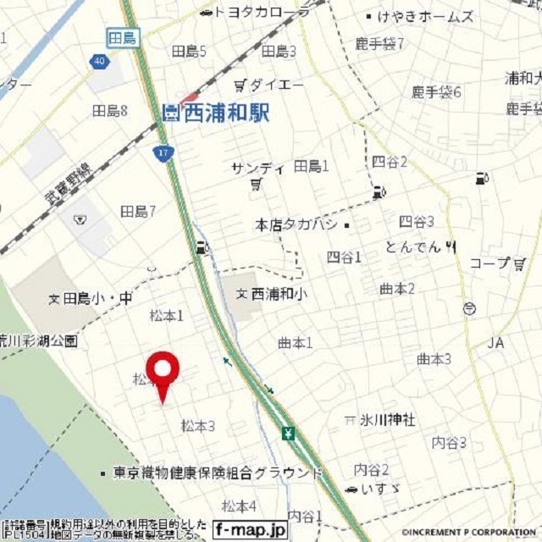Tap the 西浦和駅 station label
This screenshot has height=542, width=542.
click(216, 112)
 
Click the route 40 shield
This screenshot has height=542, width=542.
click(100, 61)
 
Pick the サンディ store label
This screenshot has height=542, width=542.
click(257, 169)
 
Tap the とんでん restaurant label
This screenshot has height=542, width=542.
click(415, 246)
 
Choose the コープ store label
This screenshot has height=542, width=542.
click(495, 263)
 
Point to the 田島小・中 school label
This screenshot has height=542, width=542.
click(91, 298)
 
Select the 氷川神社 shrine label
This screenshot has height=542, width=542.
click(383, 419)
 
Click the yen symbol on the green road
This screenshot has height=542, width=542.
click(289, 434)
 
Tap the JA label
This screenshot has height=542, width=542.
click(496, 343)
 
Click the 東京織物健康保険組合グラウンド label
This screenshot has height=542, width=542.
click(212, 473)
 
